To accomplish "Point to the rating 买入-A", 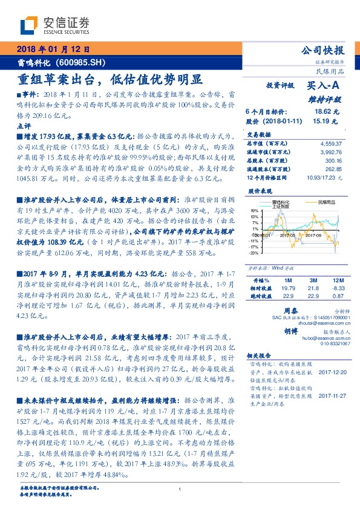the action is tap(324, 86).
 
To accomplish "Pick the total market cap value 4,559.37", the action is tap(330, 144).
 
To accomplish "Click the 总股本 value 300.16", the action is tap(334, 161).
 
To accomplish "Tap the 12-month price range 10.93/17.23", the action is tap(326, 178).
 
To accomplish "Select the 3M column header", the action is tap(313, 280).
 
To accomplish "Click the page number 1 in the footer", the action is tap(180, 490).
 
